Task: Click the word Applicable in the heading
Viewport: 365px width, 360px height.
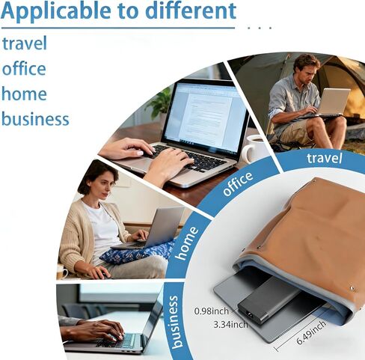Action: click(x=56, y=11)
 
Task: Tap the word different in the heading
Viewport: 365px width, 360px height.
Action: click(x=191, y=10)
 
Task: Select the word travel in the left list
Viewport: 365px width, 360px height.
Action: click(x=25, y=43)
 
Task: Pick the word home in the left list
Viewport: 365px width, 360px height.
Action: click(x=24, y=94)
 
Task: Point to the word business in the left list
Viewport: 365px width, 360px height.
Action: click(x=35, y=118)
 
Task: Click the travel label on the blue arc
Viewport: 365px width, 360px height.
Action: click(x=324, y=158)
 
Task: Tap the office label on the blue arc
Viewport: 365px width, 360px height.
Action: click(x=238, y=183)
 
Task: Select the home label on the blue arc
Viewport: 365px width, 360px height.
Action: click(x=187, y=243)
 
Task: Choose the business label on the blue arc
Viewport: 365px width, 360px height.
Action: click(x=175, y=322)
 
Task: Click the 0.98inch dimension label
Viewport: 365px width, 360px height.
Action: click(x=212, y=311)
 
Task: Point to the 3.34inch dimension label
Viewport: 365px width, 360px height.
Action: click(x=231, y=324)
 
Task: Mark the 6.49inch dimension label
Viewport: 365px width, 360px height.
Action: click(x=311, y=332)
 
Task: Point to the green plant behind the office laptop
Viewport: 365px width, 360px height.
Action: click(x=160, y=103)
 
